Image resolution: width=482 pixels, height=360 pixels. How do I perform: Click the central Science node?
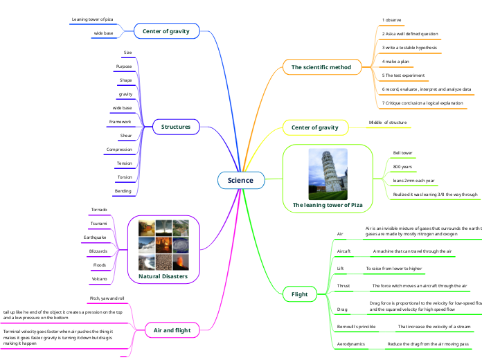(241, 181)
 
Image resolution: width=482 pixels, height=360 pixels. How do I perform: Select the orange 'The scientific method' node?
(321, 67)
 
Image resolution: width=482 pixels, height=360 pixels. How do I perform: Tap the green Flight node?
(299, 294)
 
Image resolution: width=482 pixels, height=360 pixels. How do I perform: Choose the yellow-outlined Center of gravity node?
(314, 127)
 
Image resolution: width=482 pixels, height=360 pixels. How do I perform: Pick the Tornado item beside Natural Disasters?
(99, 209)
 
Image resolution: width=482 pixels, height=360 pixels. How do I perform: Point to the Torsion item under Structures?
(125, 177)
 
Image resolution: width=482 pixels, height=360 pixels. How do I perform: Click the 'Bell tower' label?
(402, 152)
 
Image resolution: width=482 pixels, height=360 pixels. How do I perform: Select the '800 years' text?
(402, 167)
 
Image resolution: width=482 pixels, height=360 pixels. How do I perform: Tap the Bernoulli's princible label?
(356, 325)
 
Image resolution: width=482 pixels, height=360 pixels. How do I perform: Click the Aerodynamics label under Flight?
(351, 343)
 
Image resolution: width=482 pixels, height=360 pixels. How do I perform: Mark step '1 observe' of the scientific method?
(391, 20)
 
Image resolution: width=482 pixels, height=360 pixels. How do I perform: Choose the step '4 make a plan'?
(395, 62)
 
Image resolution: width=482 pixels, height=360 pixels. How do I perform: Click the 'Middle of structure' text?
(387, 122)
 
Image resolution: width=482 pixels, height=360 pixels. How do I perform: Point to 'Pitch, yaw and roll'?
(107, 298)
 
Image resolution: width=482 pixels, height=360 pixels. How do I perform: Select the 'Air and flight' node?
(172, 330)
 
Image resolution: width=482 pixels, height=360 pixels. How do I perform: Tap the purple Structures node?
(176, 127)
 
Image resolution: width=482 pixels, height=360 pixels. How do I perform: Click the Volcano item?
(98, 279)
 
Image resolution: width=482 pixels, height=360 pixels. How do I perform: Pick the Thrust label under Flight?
(343, 285)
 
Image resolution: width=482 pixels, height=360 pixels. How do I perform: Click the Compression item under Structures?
(118, 149)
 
